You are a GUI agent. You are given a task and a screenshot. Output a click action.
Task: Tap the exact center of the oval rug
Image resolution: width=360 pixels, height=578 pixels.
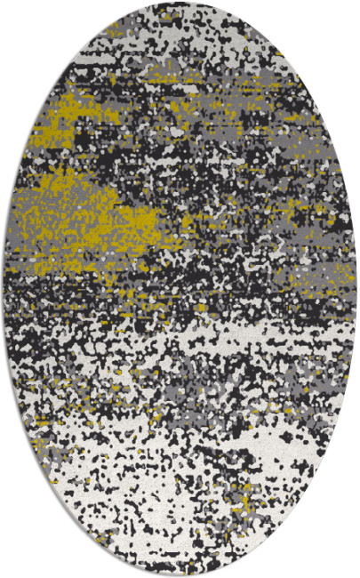180,289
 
